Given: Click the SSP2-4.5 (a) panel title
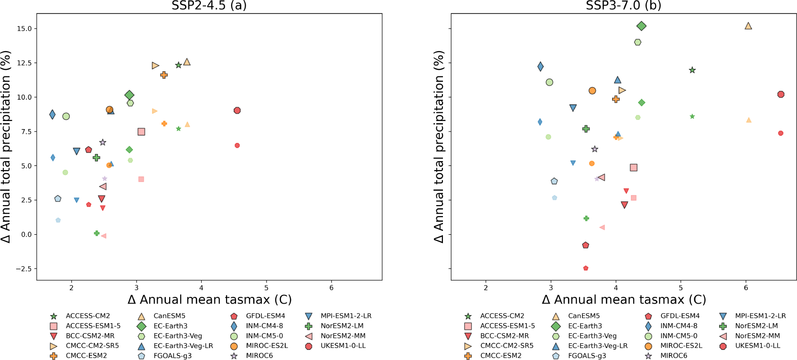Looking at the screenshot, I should (x=209, y=6).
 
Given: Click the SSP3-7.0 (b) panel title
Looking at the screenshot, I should (x=624, y=6).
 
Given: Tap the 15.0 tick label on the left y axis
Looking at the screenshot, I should (x=24, y=29).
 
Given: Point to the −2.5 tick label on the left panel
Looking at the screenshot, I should (x=23, y=269).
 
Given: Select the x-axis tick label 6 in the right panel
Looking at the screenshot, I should (x=746, y=288).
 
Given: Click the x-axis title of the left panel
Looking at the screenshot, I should (x=209, y=300).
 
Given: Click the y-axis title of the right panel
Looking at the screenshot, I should (x=439, y=147).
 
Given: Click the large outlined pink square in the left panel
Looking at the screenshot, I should (x=141, y=132).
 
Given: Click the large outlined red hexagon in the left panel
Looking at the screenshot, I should (x=237, y=110).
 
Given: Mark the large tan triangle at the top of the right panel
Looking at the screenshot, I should (x=748, y=26).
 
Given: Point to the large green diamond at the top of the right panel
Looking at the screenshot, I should (x=642, y=26).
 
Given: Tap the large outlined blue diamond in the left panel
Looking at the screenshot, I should (x=52, y=115).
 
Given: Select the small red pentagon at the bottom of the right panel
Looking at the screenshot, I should (x=586, y=268).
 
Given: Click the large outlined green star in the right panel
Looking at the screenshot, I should (x=692, y=70).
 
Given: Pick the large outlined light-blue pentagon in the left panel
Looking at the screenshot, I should (x=58, y=198).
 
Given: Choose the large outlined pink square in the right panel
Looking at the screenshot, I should (x=634, y=168).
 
